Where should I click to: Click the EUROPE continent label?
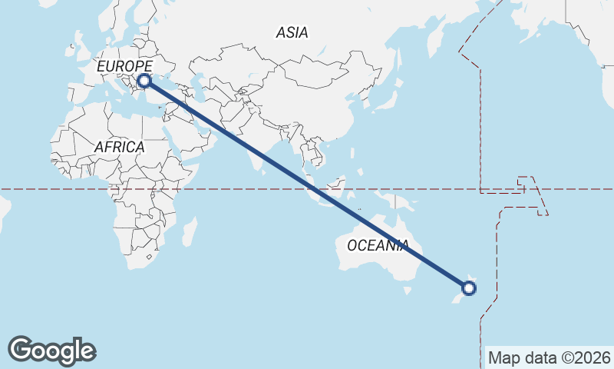pyautogui.click(x=124, y=67)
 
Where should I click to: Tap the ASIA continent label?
pyautogui.click(x=292, y=32)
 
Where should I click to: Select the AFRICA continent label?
pyautogui.click(x=120, y=146)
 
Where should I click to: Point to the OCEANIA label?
pyautogui.click(x=378, y=245)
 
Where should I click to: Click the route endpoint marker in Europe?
pyautogui.click(x=144, y=80)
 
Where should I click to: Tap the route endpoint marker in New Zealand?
pyautogui.click(x=470, y=289)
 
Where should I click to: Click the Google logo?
pyautogui.click(x=52, y=351)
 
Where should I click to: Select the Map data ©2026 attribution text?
pyautogui.click(x=549, y=357)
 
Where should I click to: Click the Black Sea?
pyautogui.click(x=170, y=80)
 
